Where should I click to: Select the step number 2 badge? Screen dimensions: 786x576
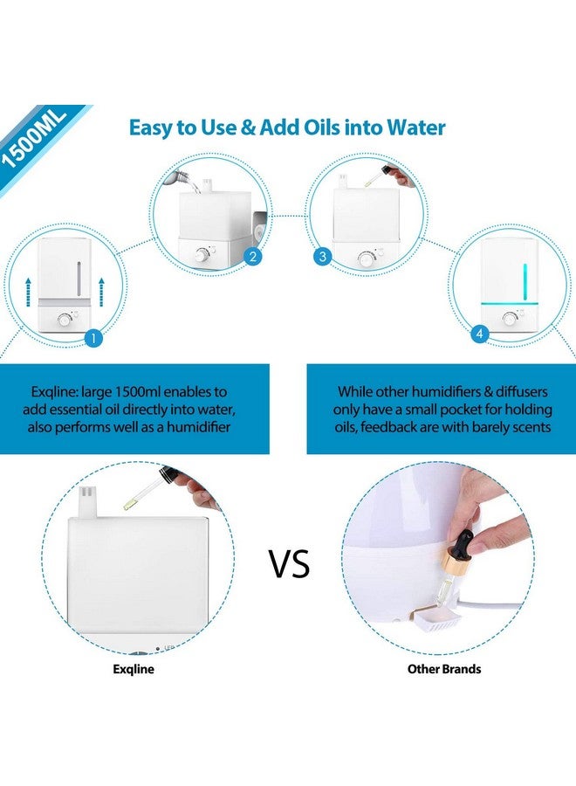252,257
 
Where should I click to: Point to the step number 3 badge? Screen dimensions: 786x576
324,257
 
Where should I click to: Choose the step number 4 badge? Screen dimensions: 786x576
478,333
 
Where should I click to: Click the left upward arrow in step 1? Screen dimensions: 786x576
28,289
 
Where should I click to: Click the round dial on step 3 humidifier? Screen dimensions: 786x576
365,258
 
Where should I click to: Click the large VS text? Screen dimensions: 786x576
289,564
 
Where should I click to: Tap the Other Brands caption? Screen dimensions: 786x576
444,670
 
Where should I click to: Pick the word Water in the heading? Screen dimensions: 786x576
414,128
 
